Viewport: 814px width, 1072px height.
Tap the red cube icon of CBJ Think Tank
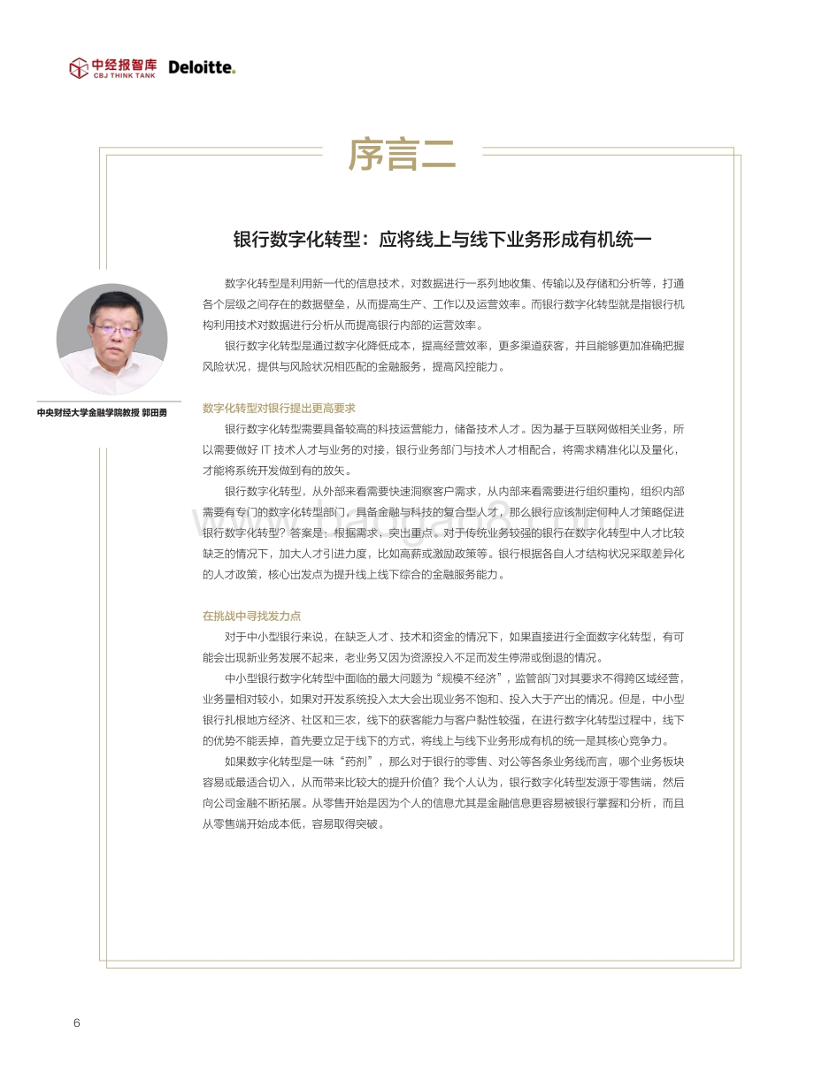(x=79, y=68)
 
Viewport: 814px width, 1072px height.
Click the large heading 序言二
(x=402, y=154)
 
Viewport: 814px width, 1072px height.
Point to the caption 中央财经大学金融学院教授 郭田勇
(x=102, y=412)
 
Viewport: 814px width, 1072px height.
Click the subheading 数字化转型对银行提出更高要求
(x=279, y=408)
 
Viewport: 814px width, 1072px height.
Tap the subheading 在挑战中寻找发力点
(x=251, y=616)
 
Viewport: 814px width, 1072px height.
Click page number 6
(x=77, y=1023)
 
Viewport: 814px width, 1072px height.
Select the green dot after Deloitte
(x=234, y=72)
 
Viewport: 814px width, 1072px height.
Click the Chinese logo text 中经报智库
(x=125, y=64)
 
